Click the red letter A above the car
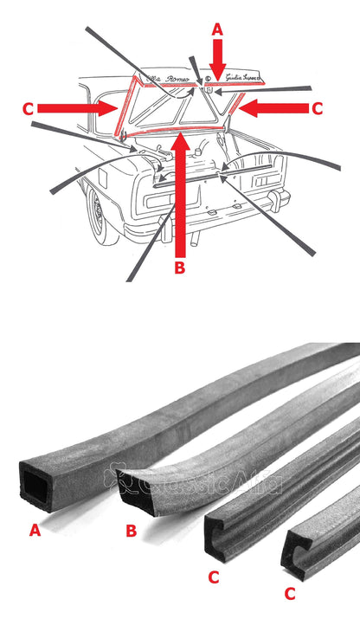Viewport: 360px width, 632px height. coord(217,29)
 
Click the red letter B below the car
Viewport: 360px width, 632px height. coord(180,268)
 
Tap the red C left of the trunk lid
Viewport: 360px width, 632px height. coord(29,108)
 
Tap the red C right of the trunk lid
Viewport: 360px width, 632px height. coord(317,108)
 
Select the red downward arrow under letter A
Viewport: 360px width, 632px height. coord(217,60)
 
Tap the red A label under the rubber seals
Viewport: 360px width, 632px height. coord(35,531)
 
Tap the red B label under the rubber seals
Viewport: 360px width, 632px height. coord(131,531)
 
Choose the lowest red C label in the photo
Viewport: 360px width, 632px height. coord(290,594)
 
